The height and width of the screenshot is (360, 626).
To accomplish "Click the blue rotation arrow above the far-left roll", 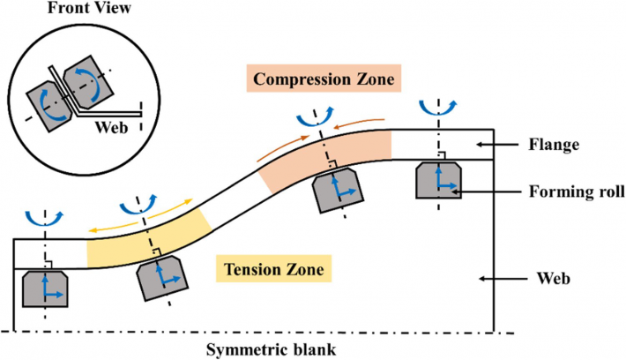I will pyautogui.click(x=44, y=217).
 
